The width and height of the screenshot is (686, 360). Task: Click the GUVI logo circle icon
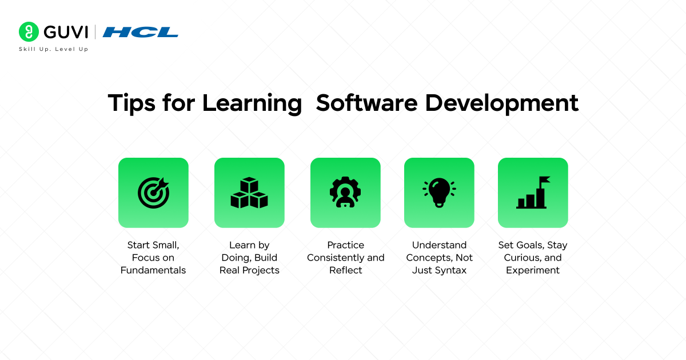tap(28, 31)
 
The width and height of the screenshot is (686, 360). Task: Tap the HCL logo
tap(141, 32)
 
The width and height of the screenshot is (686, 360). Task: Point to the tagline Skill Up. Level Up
tap(54, 49)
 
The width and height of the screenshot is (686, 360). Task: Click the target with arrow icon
tap(153, 193)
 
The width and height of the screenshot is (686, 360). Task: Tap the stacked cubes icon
tap(249, 193)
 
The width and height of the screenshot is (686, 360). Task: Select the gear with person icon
tap(345, 193)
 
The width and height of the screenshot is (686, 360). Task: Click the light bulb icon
tap(439, 192)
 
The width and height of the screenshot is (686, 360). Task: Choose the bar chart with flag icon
tap(533, 193)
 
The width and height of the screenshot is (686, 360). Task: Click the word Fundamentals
tap(153, 270)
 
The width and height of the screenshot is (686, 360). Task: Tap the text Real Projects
tap(249, 270)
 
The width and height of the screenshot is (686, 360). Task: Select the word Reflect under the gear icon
tap(345, 270)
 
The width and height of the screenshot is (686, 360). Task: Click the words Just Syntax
tap(439, 270)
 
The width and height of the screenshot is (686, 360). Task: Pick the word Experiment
tap(533, 270)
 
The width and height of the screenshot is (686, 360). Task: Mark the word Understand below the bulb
tap(439, 245)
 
